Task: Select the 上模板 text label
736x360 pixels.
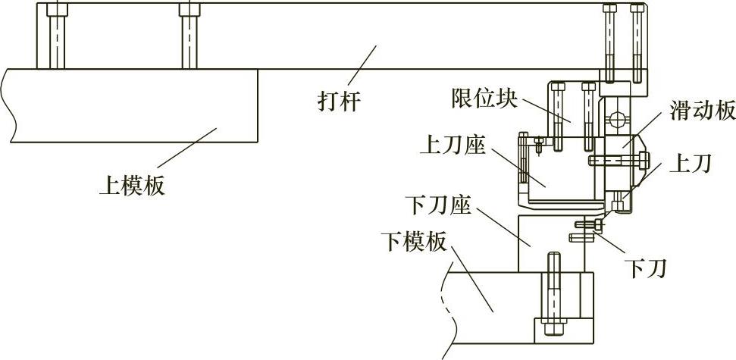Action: click(130, 184)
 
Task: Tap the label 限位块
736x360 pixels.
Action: click(478, 98)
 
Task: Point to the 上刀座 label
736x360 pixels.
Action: click(452, 144)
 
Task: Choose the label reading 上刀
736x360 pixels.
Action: click(690, 164)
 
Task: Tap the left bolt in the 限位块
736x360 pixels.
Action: click(558, 117)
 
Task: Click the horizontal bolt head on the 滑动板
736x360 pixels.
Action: click(644, 160)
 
